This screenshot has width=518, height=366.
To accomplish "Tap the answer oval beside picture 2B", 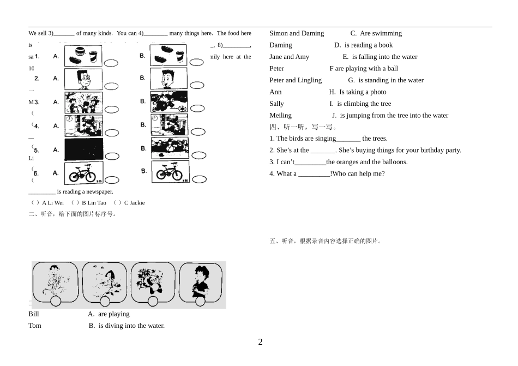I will (197, 85).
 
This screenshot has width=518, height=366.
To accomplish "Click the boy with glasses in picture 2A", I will (83, 79).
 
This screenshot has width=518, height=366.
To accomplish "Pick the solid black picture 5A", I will (83, 149).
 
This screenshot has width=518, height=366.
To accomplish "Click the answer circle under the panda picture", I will (153, 301).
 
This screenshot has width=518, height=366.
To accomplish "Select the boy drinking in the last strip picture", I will (201, 280).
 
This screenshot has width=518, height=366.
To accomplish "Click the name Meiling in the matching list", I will (280, 116).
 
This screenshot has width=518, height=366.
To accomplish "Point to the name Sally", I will (276, 104).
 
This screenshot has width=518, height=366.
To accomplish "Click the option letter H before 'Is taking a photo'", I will (332, 92).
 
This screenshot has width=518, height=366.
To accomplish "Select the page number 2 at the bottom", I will (260, 342).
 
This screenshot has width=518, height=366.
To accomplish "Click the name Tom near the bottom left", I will (34, 326).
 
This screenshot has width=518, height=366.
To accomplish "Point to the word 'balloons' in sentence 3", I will (395, 162).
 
